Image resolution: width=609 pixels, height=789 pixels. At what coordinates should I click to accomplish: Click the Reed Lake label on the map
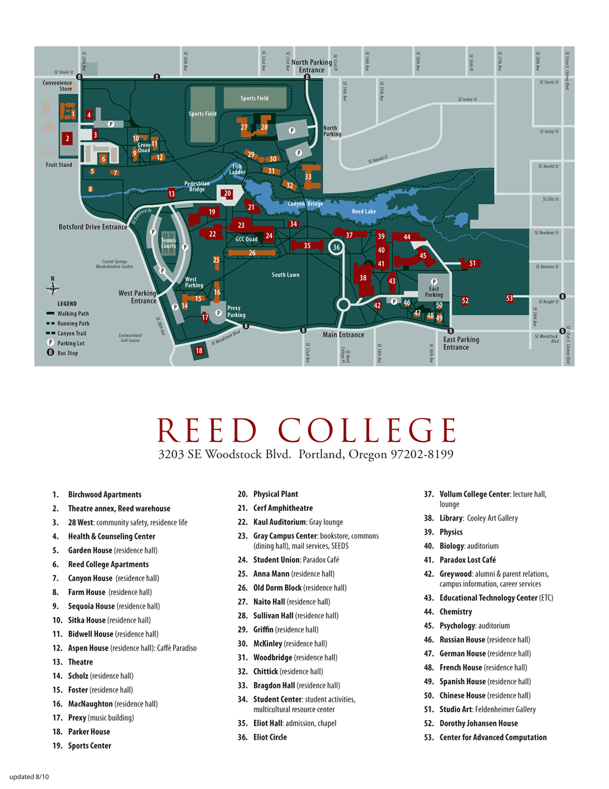pyautogui.click(x=364, y=212)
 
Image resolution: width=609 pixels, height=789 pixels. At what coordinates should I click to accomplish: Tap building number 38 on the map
pyautogui.click(x=363, y=277)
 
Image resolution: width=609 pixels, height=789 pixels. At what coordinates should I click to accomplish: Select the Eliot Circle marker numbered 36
pyautogui.click(x=336, y=247)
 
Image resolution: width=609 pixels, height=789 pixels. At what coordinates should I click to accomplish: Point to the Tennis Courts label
pyautogui.click(x=168, y=243)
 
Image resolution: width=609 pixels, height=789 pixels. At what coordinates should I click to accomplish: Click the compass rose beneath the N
pyautogui.click(x=53, y=288)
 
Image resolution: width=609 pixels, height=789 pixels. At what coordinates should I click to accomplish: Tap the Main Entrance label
pyautogui.click(x=343, y=335)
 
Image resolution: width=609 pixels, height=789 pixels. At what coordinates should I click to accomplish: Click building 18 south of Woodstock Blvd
pyautogui.click(x=199, y=351)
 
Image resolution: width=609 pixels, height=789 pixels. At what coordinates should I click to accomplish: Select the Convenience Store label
pyautogui.click(x=57, y=86)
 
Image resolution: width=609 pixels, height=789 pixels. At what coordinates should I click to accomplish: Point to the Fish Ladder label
pyautogui.click(x=237, y=169)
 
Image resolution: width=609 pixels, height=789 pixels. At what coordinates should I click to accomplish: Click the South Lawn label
pyautogui.click(x=285, y=275)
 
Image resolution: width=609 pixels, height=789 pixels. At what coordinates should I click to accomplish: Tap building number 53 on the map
pyautogui.click(x=509, y=298)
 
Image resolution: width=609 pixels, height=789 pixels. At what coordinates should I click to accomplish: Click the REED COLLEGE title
pyautogui.click(x=306, y=430)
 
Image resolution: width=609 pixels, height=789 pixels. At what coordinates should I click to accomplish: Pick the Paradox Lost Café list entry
pyautogui.click(x=467, y=560)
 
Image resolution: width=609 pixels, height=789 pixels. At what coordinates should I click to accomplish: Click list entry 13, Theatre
pyautogui.click(x=80, y=662)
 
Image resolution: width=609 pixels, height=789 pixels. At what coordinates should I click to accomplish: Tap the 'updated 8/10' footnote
pyautogui.click(x=29, y=777)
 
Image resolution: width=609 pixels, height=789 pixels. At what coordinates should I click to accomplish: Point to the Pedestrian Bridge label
pyautogui.click(x=197, y=186)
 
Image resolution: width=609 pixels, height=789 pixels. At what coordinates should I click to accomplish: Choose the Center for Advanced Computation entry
pyautogui.click(x=493, y=737)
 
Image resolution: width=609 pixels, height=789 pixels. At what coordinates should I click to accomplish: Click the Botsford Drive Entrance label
pyautogui.click(x=93, y=227)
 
